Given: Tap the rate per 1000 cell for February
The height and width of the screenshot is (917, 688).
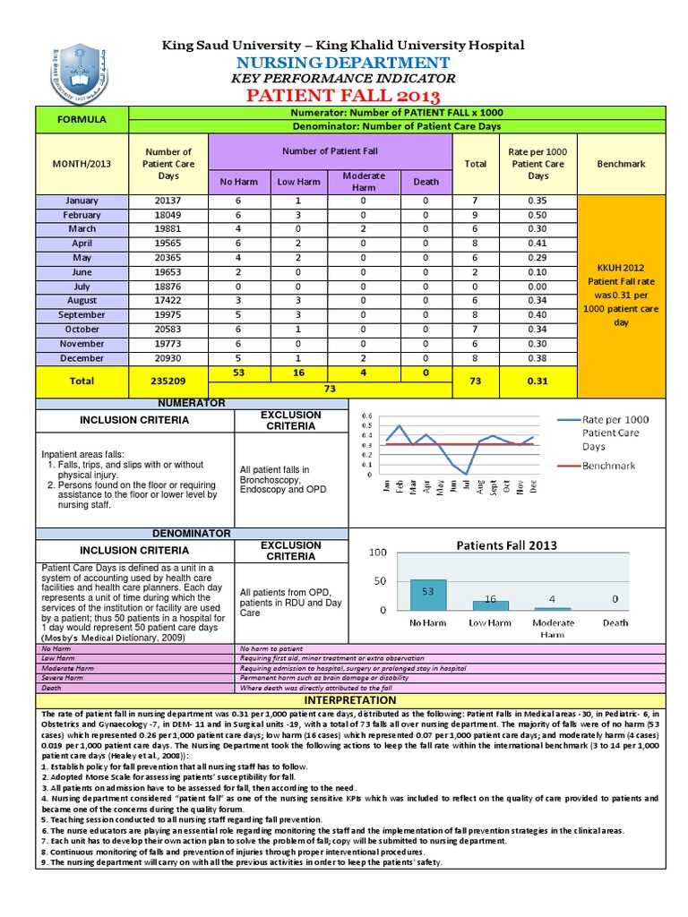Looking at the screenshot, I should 537,215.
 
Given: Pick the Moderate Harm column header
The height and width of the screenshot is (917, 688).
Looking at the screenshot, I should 363,181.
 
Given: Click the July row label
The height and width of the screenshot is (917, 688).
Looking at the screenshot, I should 82,287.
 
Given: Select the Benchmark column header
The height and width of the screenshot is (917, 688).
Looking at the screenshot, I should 622,164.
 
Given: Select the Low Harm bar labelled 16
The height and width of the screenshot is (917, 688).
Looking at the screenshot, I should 490,604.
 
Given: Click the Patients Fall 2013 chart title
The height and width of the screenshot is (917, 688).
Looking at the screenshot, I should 507,544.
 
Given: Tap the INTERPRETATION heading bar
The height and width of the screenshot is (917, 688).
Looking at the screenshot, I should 350,699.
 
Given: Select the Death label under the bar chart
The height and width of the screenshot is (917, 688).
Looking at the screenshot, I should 615,622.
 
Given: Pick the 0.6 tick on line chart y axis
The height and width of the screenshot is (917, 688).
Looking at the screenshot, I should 365,416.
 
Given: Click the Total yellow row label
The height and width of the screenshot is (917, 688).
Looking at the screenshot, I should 82,380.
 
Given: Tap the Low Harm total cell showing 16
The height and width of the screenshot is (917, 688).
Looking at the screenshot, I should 298,372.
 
